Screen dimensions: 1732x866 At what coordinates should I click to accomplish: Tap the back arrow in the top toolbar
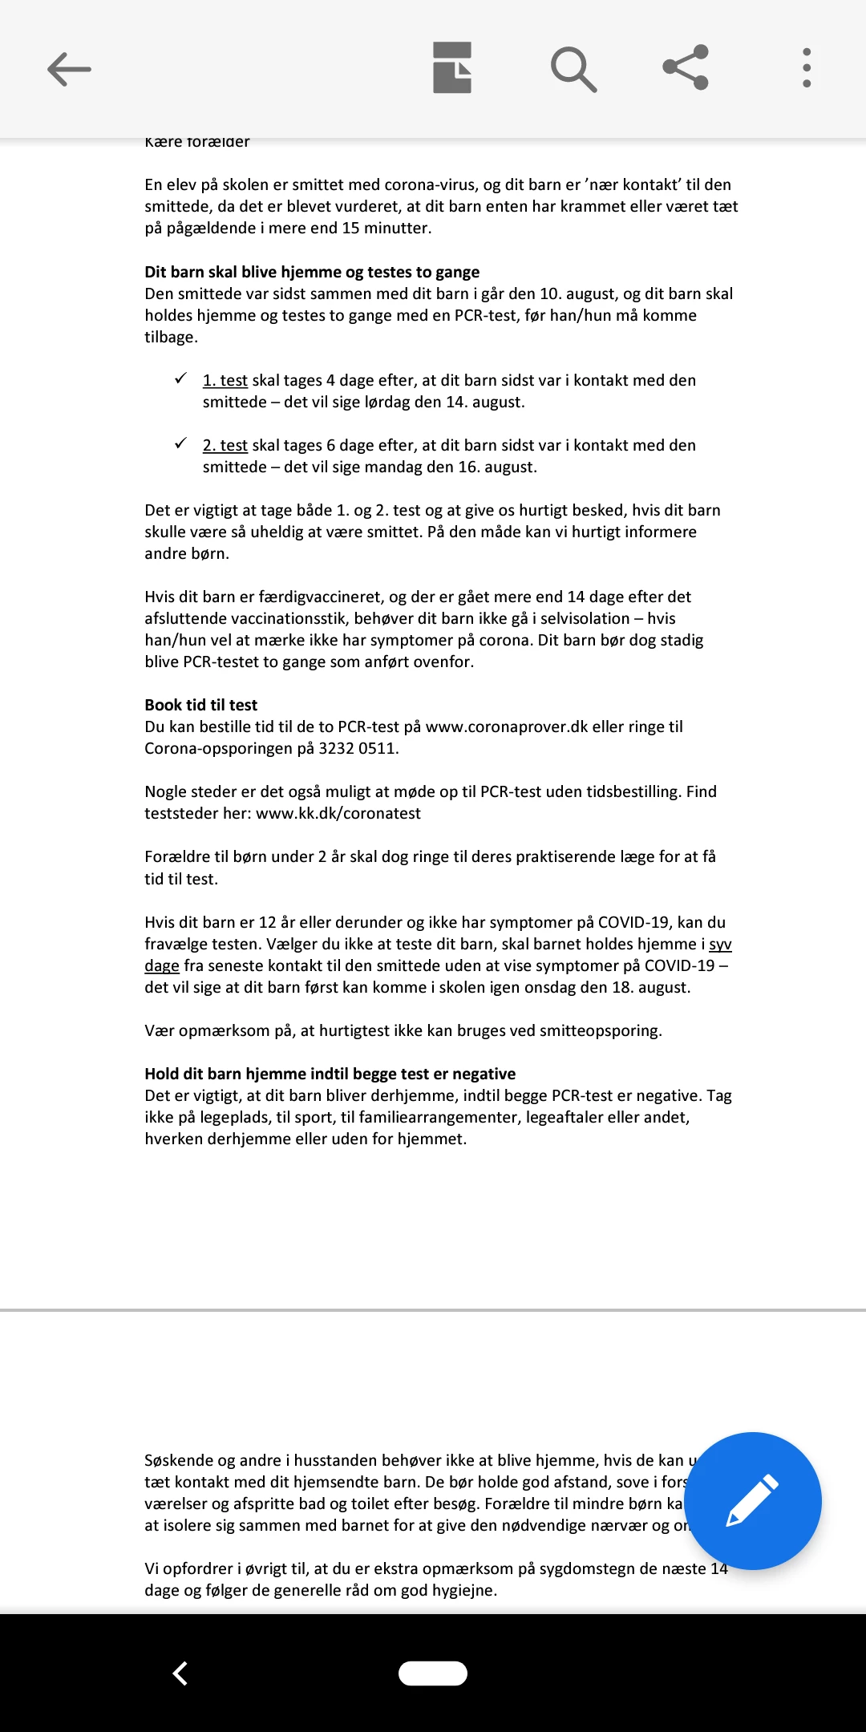[x=69, y=69]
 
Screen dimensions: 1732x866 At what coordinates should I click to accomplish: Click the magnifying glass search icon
[x=573, y=69]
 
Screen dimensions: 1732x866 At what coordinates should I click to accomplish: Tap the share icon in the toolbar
[x=686, y=67]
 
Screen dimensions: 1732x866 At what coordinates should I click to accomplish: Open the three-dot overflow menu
[x=807, y=67]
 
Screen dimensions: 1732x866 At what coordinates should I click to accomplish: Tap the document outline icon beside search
[x=452, y=67]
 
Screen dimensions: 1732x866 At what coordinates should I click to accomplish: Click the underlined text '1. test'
[x=225, y=380]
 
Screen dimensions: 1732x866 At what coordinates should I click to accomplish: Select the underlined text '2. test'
[x=225, y=445]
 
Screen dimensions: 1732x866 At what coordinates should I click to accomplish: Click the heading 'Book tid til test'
[x=200, y=705]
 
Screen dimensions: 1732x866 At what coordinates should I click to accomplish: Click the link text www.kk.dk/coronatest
[x=338, y=813]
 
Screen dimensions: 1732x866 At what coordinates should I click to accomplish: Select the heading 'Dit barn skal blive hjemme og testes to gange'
[x=312, y=272]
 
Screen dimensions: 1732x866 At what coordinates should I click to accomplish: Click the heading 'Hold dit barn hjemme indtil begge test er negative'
[x=330, y=1074]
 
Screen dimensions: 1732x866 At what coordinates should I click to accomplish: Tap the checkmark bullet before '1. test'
[x=181, y=378]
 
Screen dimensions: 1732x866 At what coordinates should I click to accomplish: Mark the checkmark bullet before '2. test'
[x=181, y=443]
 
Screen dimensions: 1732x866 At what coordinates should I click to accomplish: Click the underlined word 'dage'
[x=162, y=965]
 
